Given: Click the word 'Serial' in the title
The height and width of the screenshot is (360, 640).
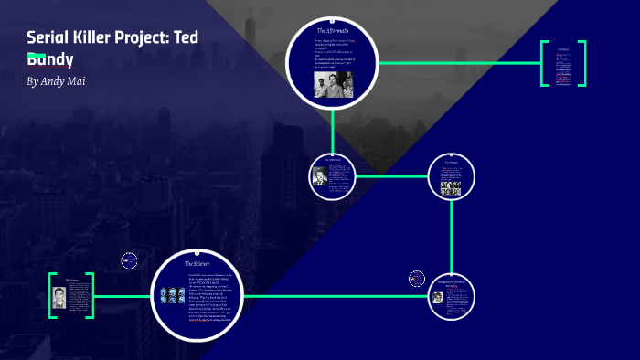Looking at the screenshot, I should pos(48,37).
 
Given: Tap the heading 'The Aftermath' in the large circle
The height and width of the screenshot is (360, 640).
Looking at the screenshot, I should pos(331,32).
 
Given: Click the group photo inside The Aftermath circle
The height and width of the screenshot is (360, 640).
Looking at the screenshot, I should pos(333,84).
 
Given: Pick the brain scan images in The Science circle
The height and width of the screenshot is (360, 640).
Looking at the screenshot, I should pos(173,296).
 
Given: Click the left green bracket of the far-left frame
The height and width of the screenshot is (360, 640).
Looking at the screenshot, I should pos(52,295).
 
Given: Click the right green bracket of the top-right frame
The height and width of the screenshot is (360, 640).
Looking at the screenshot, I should pos(583,64).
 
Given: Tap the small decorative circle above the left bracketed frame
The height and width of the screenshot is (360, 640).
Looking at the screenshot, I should pos(129,260).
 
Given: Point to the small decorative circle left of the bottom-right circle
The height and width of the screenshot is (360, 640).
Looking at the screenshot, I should pos(417,279).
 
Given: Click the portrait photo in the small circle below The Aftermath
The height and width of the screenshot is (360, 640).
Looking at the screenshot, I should pos(320,176).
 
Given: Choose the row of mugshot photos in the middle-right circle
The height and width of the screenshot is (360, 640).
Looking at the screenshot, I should pos(451,188).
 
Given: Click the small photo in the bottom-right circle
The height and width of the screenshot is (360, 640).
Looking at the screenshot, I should pos(438,296).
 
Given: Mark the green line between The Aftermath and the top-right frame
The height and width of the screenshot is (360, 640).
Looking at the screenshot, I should pos(457,63).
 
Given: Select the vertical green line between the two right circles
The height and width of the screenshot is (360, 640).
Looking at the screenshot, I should pos(452,237).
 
